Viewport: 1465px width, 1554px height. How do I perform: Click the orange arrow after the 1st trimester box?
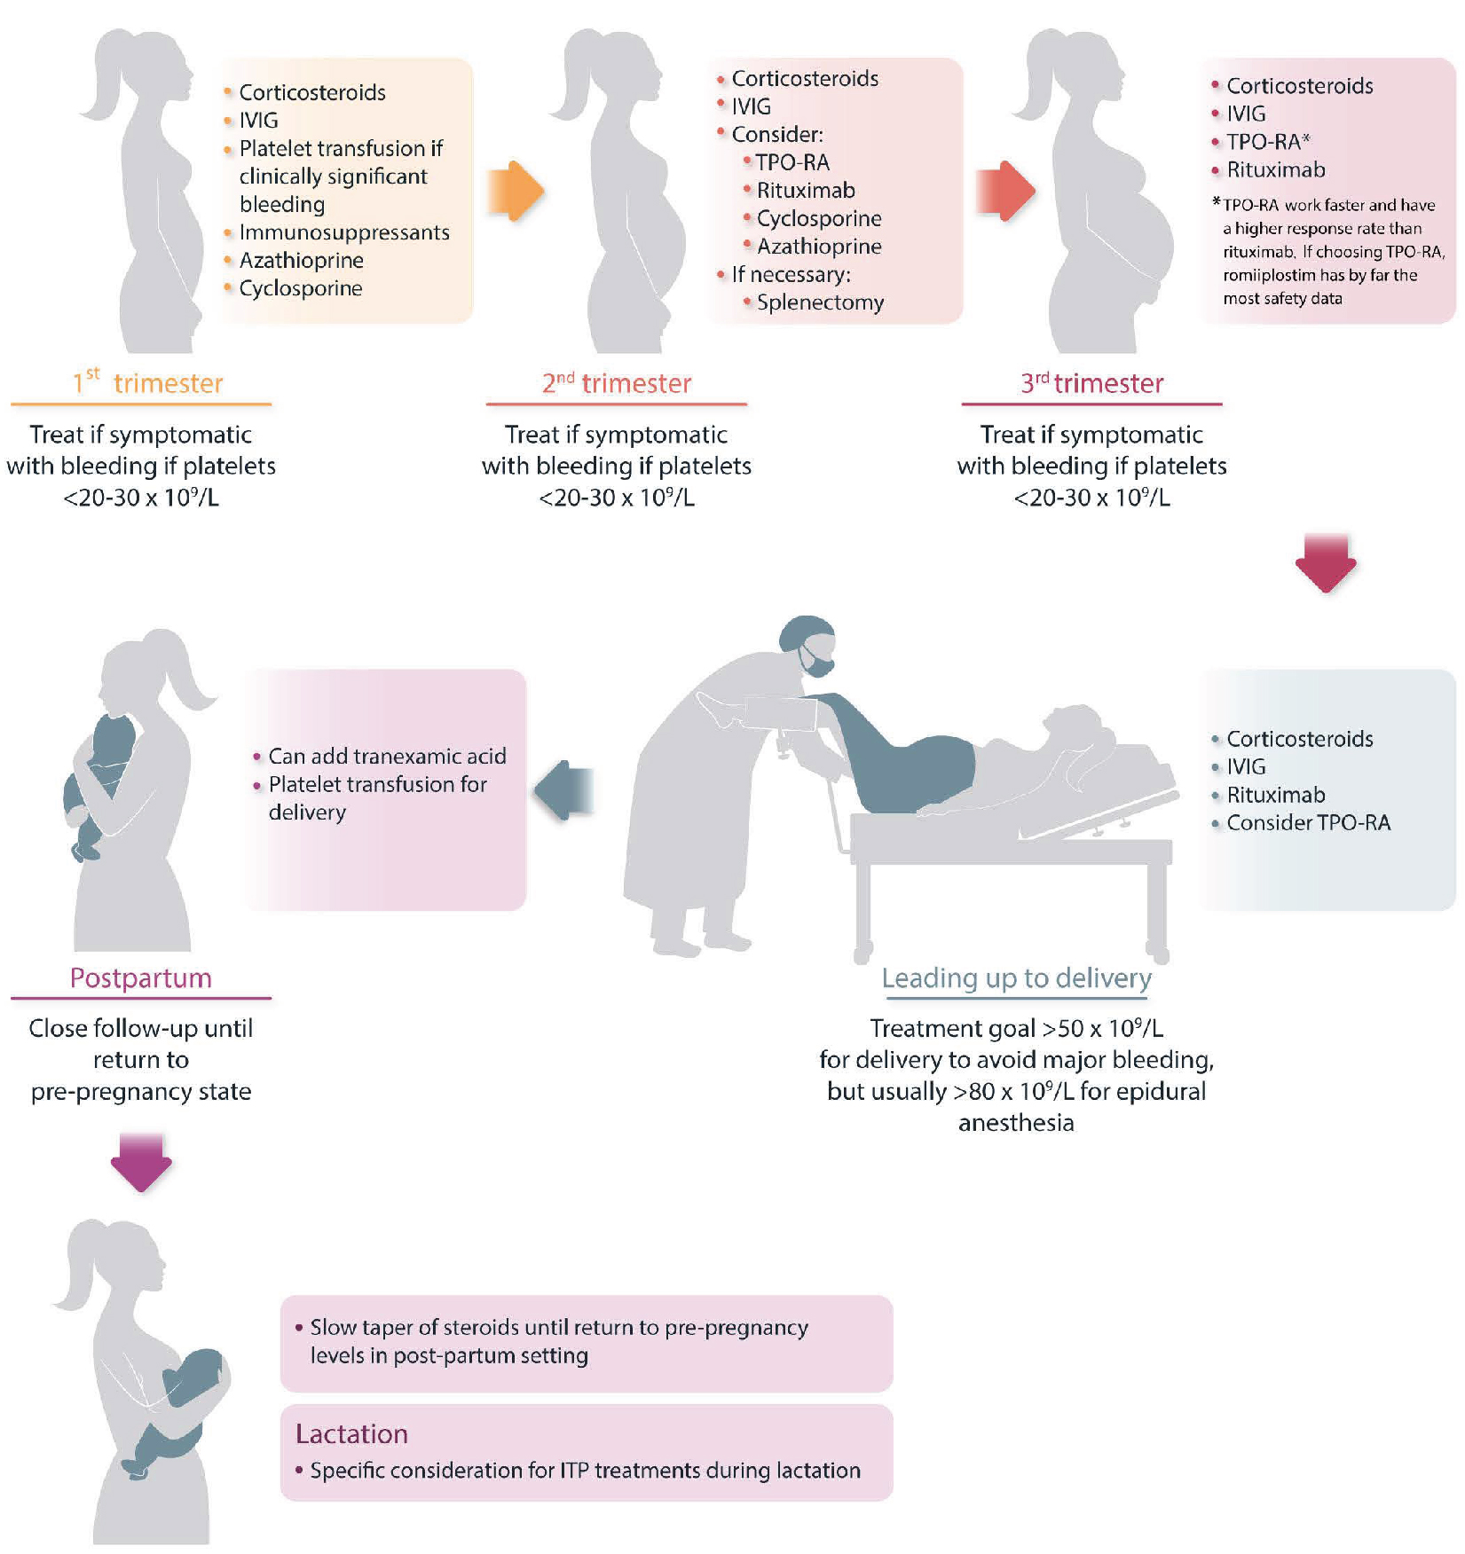click(516, 191)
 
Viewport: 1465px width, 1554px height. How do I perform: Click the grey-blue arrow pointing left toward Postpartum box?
click(564, 789)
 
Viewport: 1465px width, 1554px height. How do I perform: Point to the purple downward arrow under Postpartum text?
click(141, 1161)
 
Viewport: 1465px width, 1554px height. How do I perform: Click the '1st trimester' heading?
click(147, 383)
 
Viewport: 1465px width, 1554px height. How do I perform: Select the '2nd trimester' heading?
click(617, 383)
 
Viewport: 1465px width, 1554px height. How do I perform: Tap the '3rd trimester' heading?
click(1091, 383)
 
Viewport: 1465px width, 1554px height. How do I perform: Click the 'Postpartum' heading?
click(141, 977)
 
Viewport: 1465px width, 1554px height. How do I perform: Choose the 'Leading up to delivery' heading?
click(1016, 977)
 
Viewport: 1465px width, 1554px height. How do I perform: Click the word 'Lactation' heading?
click(351, 1434)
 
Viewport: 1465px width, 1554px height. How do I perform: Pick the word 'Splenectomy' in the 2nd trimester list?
click(820, 302)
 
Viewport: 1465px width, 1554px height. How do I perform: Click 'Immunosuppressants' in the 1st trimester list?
click(344, 232)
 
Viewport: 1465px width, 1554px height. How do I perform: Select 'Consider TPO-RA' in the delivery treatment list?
click(1308, 823)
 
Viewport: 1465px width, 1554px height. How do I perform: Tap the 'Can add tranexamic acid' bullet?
click(387, 756)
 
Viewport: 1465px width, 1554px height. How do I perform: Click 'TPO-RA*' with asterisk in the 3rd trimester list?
click(1268, 142)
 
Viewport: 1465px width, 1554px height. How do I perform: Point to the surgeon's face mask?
click(816, 661)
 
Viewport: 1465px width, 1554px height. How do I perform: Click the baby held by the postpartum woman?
click(99, 781)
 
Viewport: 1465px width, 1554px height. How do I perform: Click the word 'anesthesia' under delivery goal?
click(1016, 1123)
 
